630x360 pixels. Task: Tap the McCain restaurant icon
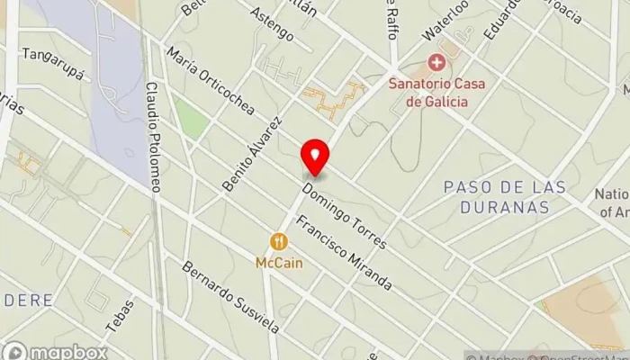279,241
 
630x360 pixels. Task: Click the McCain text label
279,263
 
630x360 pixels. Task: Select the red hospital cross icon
436,63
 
